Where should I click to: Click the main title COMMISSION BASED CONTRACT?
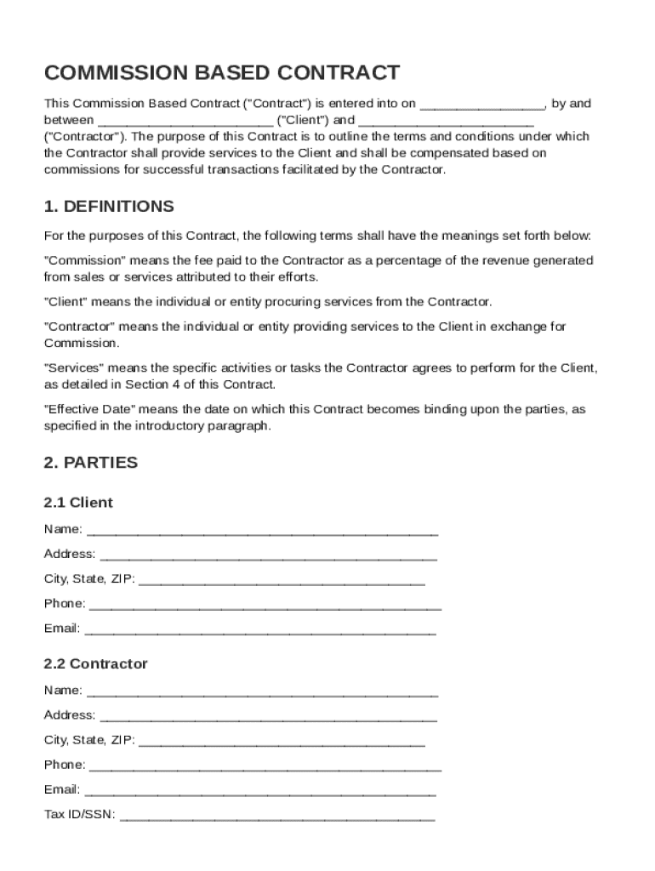pos(221,72)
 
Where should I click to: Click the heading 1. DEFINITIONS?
pos(109,207)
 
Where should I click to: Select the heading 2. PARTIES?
pos(90,463)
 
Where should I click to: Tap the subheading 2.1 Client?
pos(78,503)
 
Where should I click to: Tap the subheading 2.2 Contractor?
pos(95,663)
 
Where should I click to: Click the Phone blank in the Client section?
pos(265,605)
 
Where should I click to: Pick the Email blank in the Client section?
pos(260,630)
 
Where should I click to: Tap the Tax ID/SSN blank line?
pos(277,817)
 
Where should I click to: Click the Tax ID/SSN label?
pos(80,815)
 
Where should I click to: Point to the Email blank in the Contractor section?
pos(259,791)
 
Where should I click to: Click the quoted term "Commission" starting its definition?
pos(85,260)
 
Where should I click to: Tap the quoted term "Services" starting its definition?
pos(74,367)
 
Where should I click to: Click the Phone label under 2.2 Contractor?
pos(64,765)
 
